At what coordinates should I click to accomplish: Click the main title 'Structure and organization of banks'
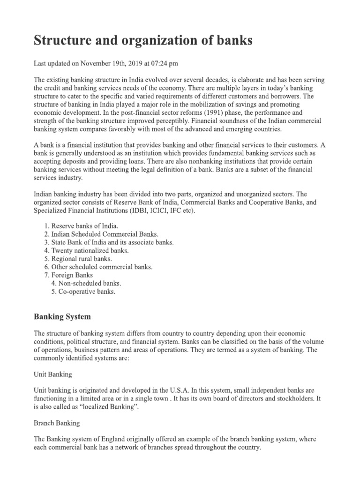(143, 41)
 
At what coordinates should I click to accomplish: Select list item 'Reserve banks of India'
(82, 226)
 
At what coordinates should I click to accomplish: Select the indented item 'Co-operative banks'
(87, 291)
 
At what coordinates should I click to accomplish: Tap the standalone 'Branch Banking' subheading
(57, 423)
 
